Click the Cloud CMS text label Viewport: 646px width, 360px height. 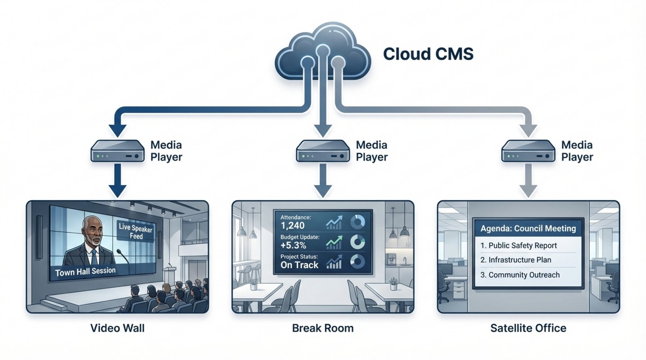428,54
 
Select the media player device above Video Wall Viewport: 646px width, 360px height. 117,151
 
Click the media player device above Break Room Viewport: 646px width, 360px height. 323,151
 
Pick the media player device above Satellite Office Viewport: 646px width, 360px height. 528,151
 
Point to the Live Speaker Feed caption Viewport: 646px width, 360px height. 136,231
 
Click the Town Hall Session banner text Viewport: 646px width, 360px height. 85,272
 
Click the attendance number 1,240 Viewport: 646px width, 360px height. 292,226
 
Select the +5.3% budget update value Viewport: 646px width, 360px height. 293,245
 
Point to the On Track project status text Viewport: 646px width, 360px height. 300,265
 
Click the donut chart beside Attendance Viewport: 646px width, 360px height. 357,222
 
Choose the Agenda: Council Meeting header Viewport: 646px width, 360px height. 528,228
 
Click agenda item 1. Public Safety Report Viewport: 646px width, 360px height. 518,245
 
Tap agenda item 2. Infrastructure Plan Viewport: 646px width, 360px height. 516,260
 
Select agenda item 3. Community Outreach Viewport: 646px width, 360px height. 520,275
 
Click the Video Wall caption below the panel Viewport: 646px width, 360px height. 117,328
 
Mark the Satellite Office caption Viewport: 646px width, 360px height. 528,328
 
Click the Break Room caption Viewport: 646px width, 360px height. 323,328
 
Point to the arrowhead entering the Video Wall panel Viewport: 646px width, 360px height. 117,191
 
